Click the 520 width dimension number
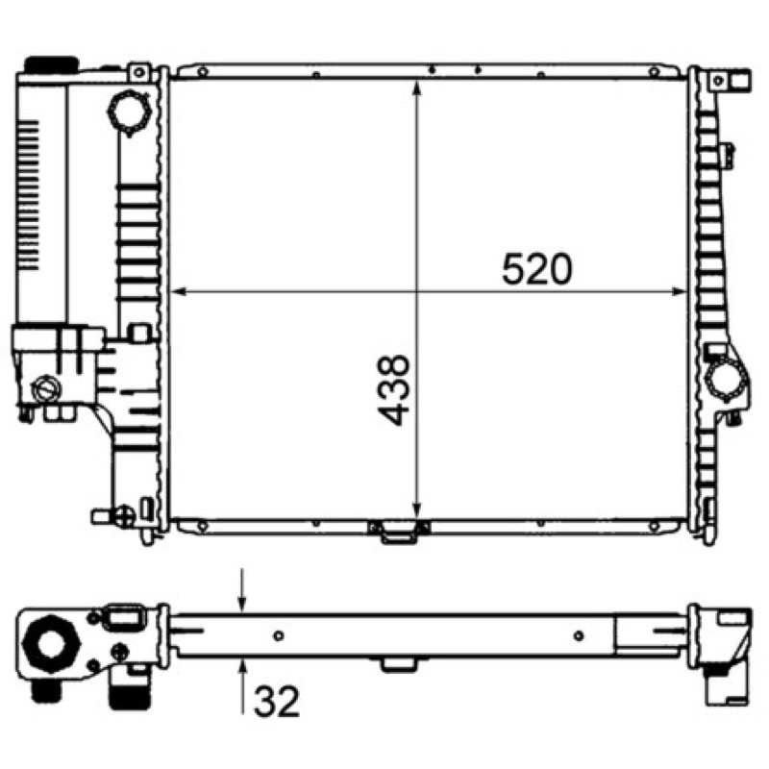point(536,269)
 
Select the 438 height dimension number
point(394,390)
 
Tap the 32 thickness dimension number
point(276,702)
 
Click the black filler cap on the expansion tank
point(52,63)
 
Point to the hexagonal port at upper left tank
point(129,112)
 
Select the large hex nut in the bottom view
point(51,643)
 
